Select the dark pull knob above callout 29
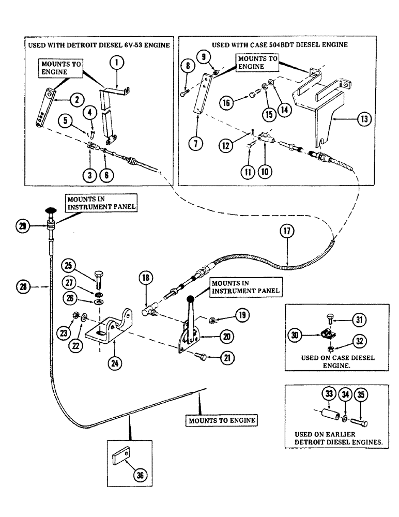[51, 210]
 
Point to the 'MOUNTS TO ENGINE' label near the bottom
[222, 420]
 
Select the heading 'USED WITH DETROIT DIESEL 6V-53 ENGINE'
[98, 45]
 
